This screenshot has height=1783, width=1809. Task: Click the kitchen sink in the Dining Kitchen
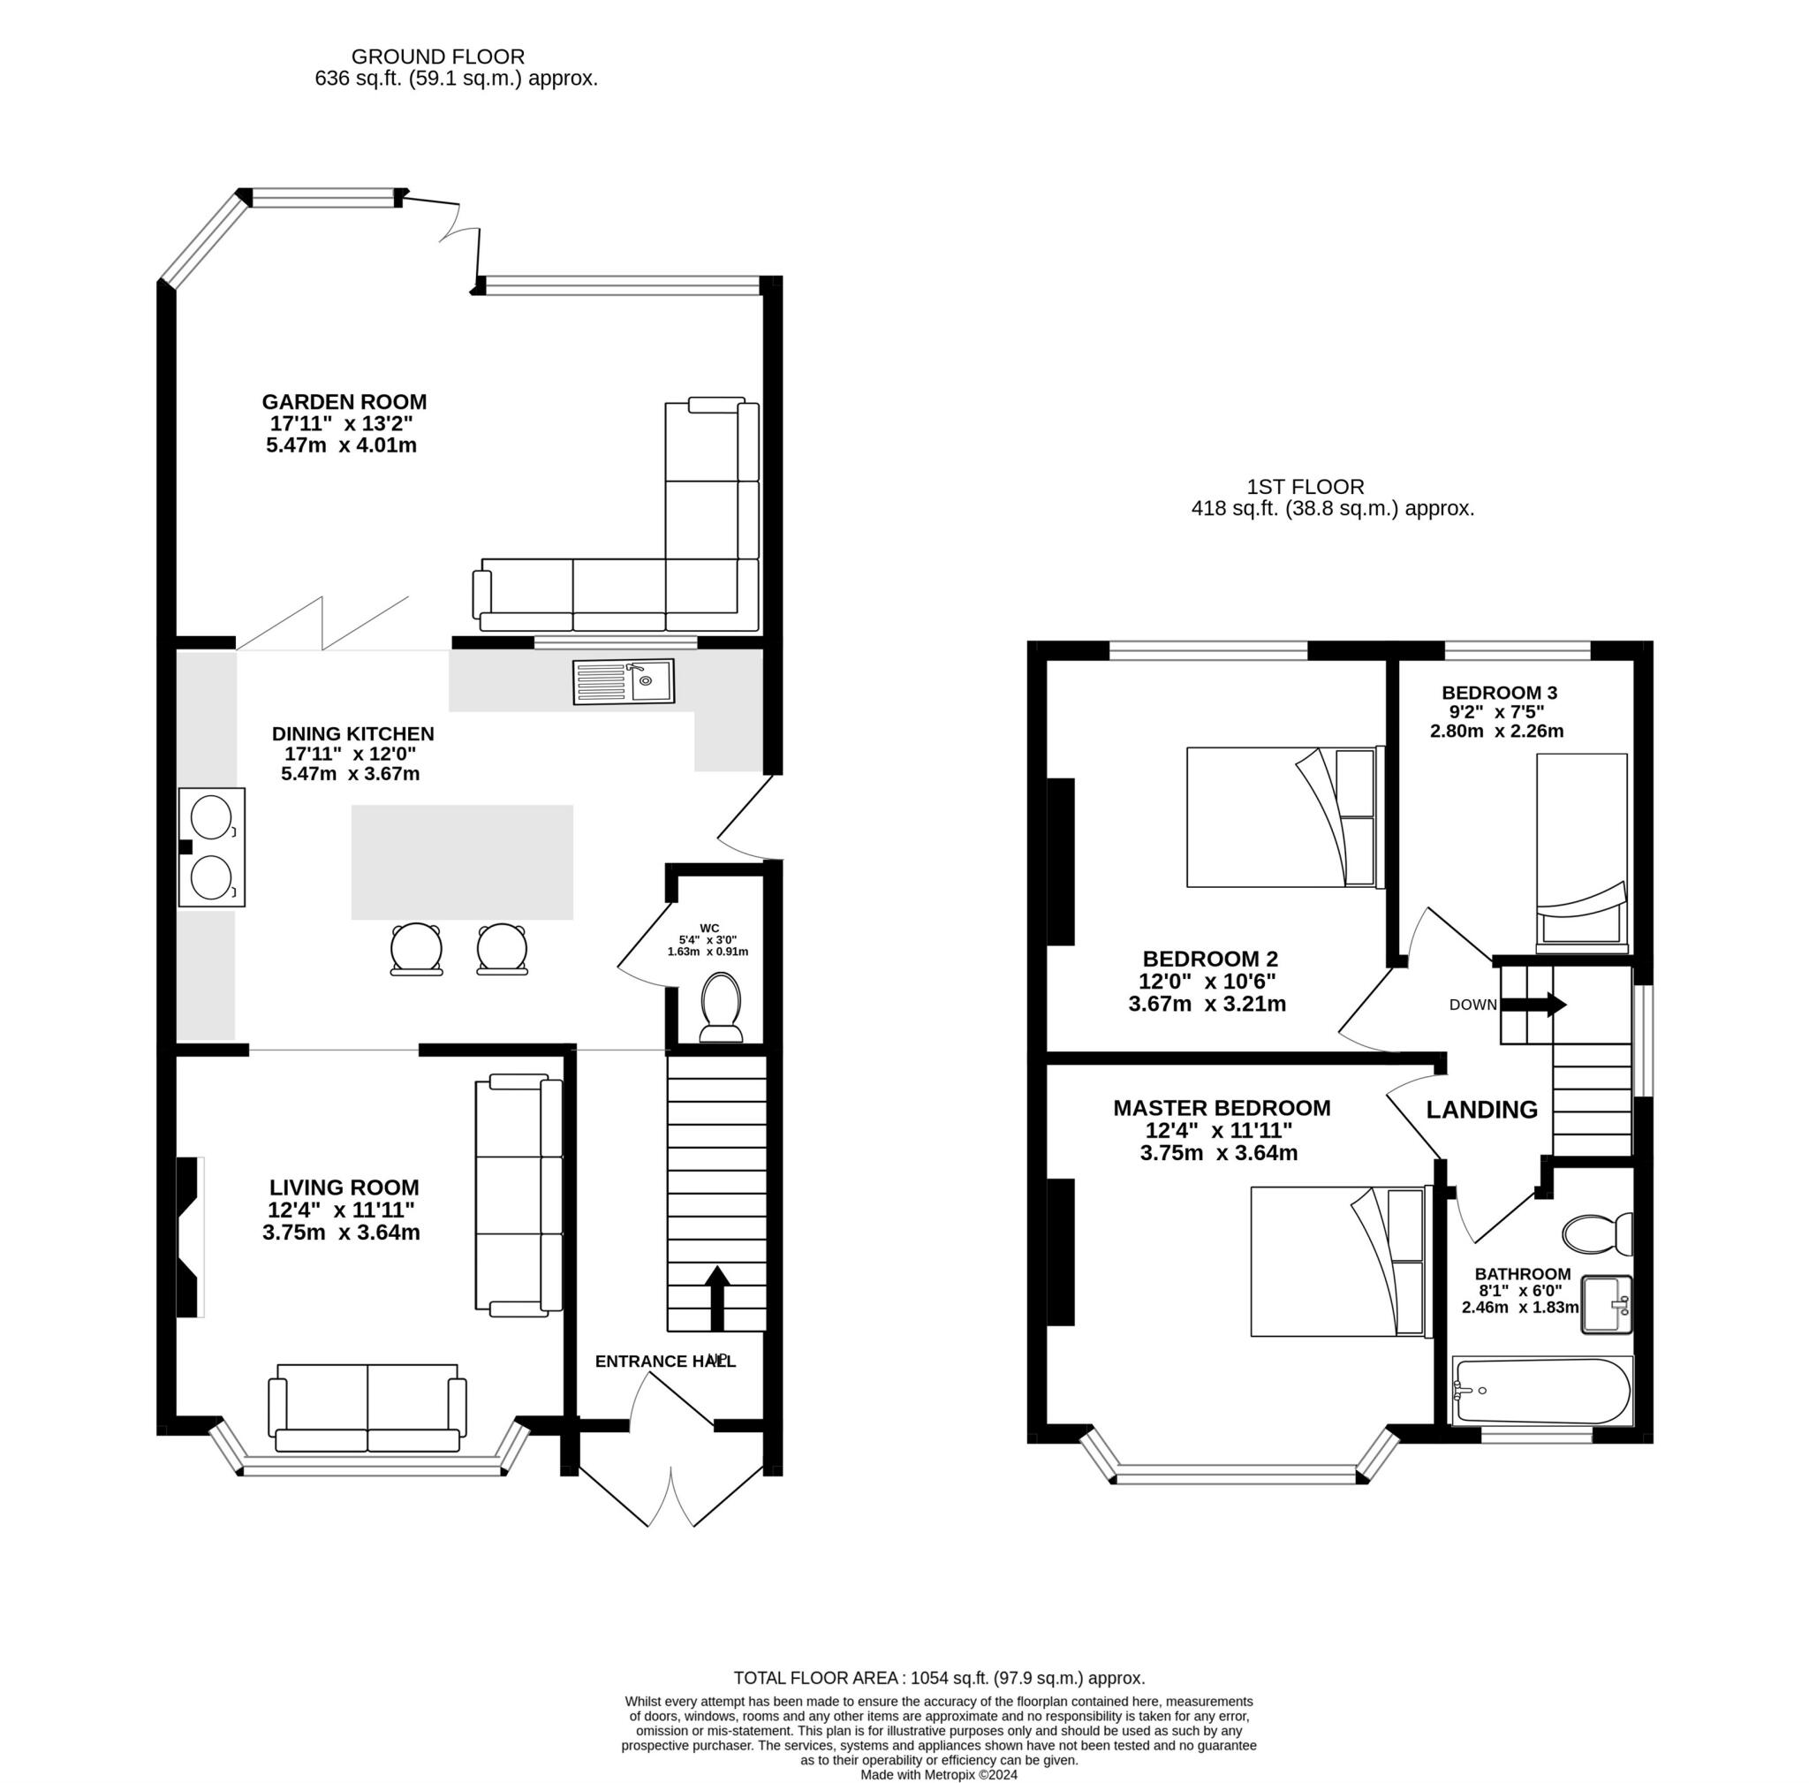point(623,682)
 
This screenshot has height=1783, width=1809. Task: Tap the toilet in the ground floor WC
point(721,1007)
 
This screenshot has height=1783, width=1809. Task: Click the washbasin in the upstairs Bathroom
point(1607,1304)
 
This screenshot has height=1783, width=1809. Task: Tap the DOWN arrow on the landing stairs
point(1532,1005)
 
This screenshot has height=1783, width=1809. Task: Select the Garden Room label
point(344,402)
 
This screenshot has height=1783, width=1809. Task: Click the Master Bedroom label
point(1221,1108)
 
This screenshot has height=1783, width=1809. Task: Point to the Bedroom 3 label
point(1499,693)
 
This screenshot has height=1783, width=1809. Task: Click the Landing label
point(1481,1110)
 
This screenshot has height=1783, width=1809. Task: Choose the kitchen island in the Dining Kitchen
point(462,862)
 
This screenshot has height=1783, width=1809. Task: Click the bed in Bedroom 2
point(1284,816)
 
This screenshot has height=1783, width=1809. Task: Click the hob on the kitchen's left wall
point(213,846)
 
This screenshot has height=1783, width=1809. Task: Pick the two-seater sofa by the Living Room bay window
point(367,1408)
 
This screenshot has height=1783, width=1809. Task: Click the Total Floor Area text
point(939,1678)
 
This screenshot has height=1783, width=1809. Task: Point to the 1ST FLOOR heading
point(1306,487)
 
